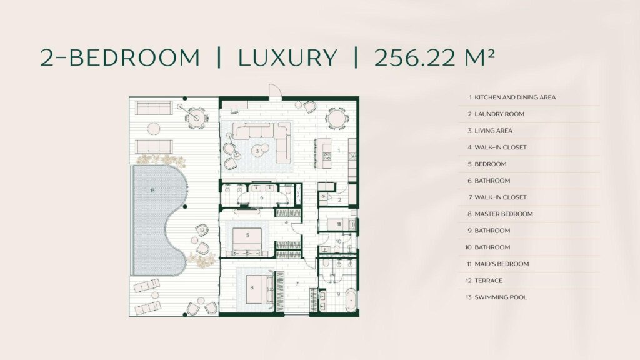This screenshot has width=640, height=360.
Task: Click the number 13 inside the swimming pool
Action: (x=152, y=190)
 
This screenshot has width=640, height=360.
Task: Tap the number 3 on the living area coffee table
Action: (x=257, y=151)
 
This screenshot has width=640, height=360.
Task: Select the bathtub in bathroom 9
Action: (x=351, y=301)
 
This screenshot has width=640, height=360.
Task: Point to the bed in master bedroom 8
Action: (x=259, y=289)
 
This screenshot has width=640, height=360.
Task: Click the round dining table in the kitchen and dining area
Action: (x=337, y=119)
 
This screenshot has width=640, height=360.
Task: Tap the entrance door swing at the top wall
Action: (x=274, y=91)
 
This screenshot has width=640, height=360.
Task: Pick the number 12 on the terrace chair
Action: (x=202, y=230)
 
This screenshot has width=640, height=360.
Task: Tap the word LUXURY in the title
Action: (x=287, y=57)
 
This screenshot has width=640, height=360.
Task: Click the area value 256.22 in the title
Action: (x=414, y=57)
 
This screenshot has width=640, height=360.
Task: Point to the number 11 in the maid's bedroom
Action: (x=339, y=224)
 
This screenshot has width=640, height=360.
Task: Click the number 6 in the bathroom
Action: (x=262, y=198)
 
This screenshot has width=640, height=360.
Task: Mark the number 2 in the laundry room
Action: (x=339, y=200)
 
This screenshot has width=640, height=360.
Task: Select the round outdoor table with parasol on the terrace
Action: (x=196, y=117)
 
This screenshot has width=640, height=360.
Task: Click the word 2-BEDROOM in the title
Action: (x=120, y=57)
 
